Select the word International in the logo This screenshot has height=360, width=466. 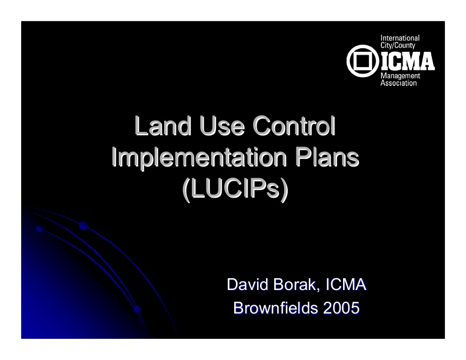click(x=401, y=38)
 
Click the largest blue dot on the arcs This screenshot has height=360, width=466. click(x=84, y=225)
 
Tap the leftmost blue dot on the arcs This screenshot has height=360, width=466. click(x=39, y=229)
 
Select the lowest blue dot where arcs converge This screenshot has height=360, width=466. click(x=137, y=308)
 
